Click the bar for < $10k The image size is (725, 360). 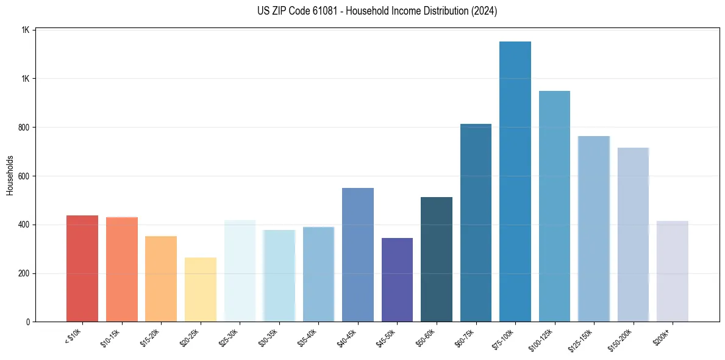[x=82, y=268]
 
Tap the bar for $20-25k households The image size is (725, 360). [x=201, y=290]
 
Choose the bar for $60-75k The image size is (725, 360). [x=476, y=223]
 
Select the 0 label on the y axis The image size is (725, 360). [x=28, y=322]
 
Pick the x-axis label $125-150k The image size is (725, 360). [x=580, y=339]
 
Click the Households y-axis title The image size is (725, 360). [x=10, y=175]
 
